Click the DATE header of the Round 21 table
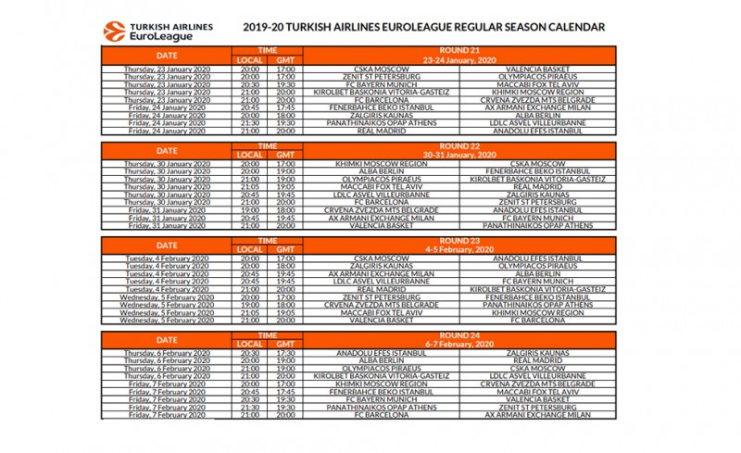[x=167, y=56]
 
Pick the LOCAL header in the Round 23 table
[x=250, y=248]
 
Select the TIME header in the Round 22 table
[x=268, y=145]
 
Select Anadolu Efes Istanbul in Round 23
[x=531, y=257]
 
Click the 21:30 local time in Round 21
[x=250, y=122]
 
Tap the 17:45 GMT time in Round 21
[x=285, y=107]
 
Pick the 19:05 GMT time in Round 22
[x=285, y=185]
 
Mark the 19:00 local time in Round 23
[x=250, y=304]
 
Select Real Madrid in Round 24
[x=531, y=359]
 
